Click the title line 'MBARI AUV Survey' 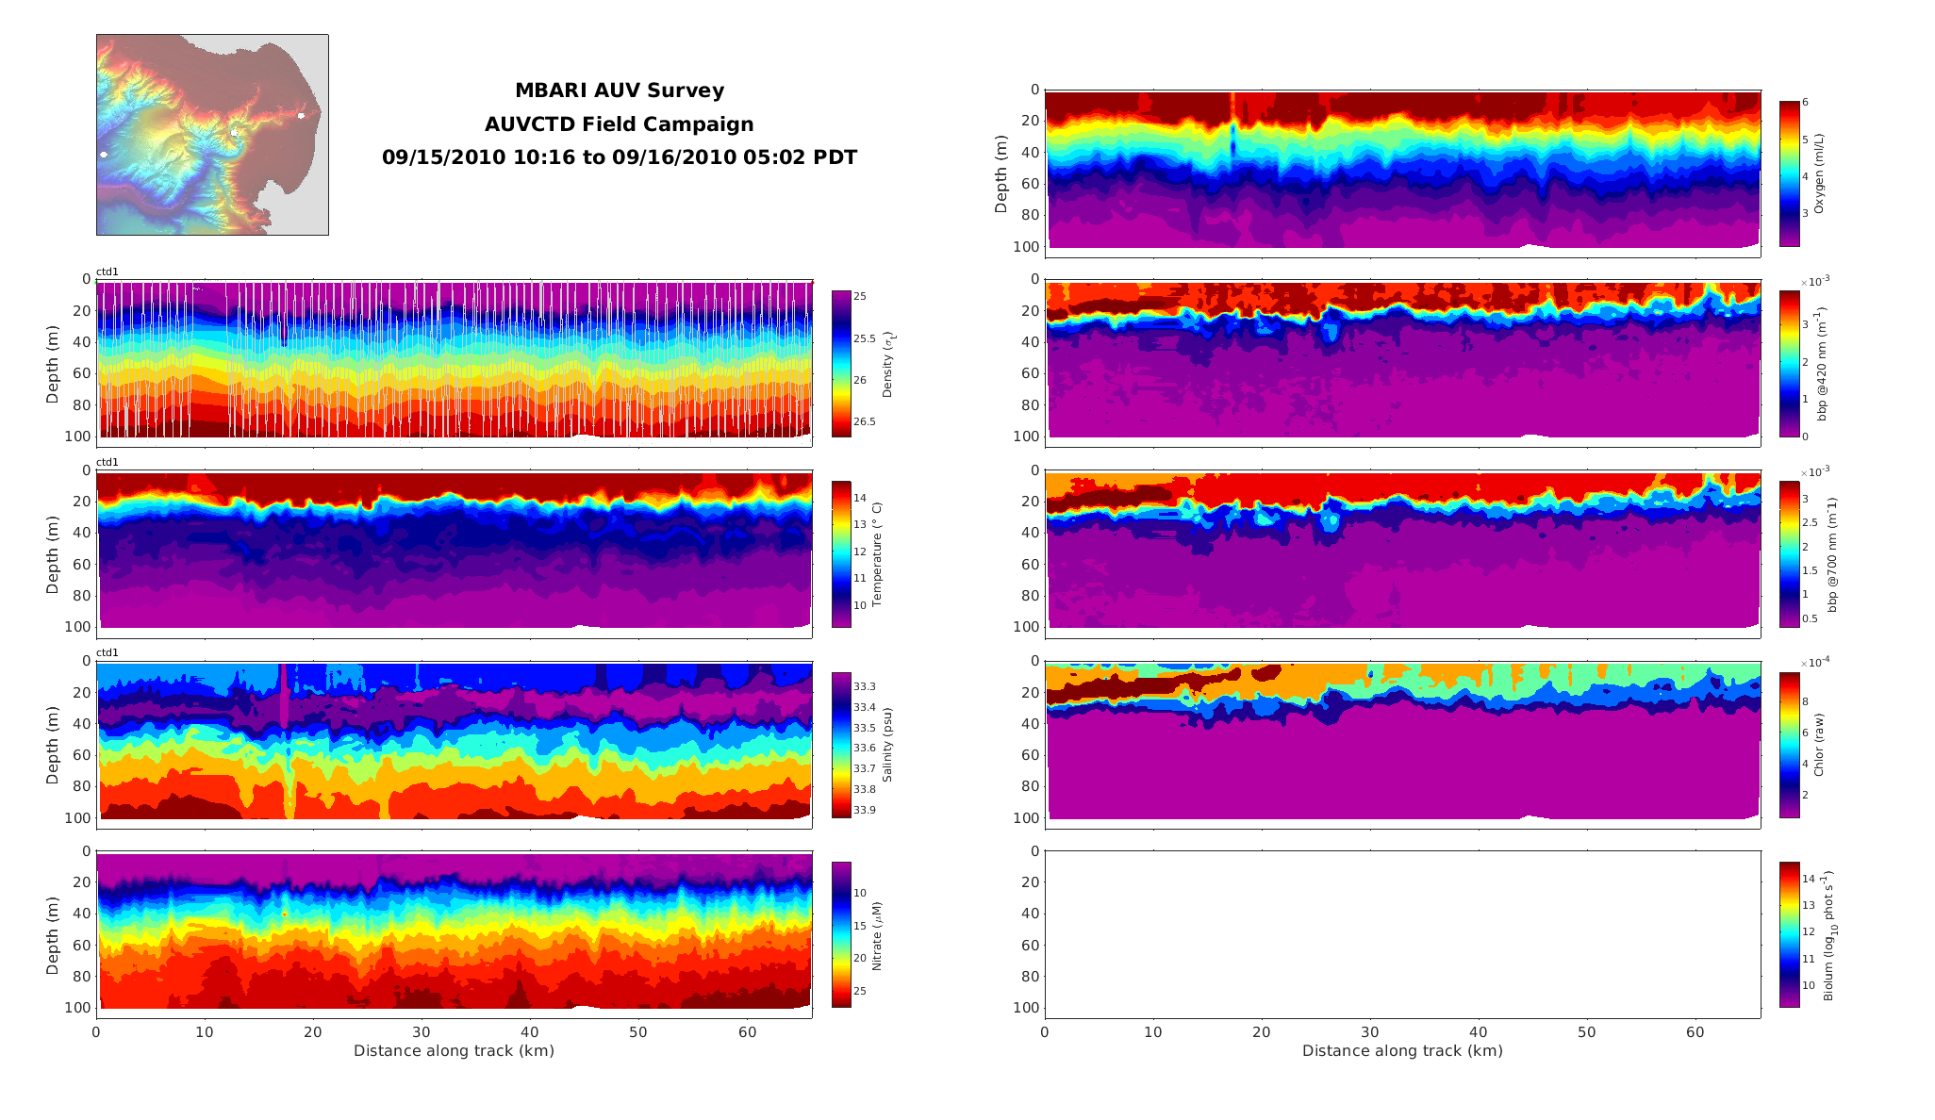pyautogui.click(x=619, y=91)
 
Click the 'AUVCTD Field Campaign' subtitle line pyautogui.click(x=619, y=124)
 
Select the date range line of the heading pyautogui.click(x=619, y=157)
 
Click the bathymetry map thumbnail pyautogui.click(x=212, y=135)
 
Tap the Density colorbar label pyautogui.click(x=887, y=364)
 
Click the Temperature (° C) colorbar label pyautogui.click(x=877, y=553)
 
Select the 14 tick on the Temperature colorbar pyautogui.click(x=860, y=498)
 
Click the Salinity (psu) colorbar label pyautogui.click(x=887, y=745)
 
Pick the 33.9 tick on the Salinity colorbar pyautogui.click(x=864, y=810)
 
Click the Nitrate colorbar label pyautogui.click(x=877, y=935)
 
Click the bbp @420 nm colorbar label pyautogui.click(x=1822, y=363)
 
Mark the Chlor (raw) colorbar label pyautogui.click(x=1819, y=745)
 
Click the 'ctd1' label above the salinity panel pyautogui.click(x=107, y=652)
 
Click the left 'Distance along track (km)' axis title pyautogui.click(x=454, y=1051)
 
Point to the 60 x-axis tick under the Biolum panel pyautogui.click(x=1695, y=1032)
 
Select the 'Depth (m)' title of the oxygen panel pyautogui.click(x=1001, y=173)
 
